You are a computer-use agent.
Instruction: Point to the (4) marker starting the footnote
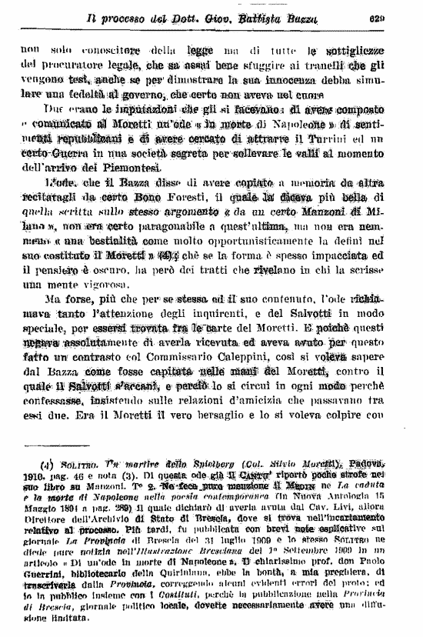coord(48,465)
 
